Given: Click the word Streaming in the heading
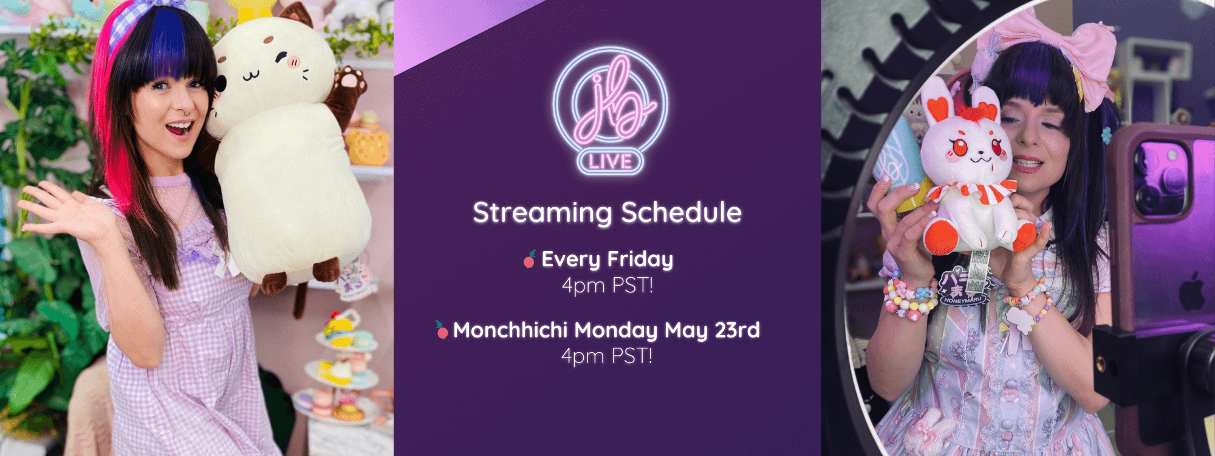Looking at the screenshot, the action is [542, 213].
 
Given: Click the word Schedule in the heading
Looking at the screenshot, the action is [681, 212].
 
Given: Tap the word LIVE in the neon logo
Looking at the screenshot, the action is [610, 161].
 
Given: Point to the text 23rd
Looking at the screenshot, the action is [737, 330].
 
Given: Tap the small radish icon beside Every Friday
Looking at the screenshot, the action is [530, 259].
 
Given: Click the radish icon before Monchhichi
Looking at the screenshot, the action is [442, 330].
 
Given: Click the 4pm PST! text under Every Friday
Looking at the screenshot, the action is [607, 285].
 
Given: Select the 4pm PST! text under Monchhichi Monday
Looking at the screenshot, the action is [607, 356].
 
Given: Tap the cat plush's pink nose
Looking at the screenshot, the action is [294, 62].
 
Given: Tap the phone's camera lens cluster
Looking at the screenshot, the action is [1162, 179].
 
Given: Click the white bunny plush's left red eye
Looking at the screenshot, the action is [959, 147].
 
